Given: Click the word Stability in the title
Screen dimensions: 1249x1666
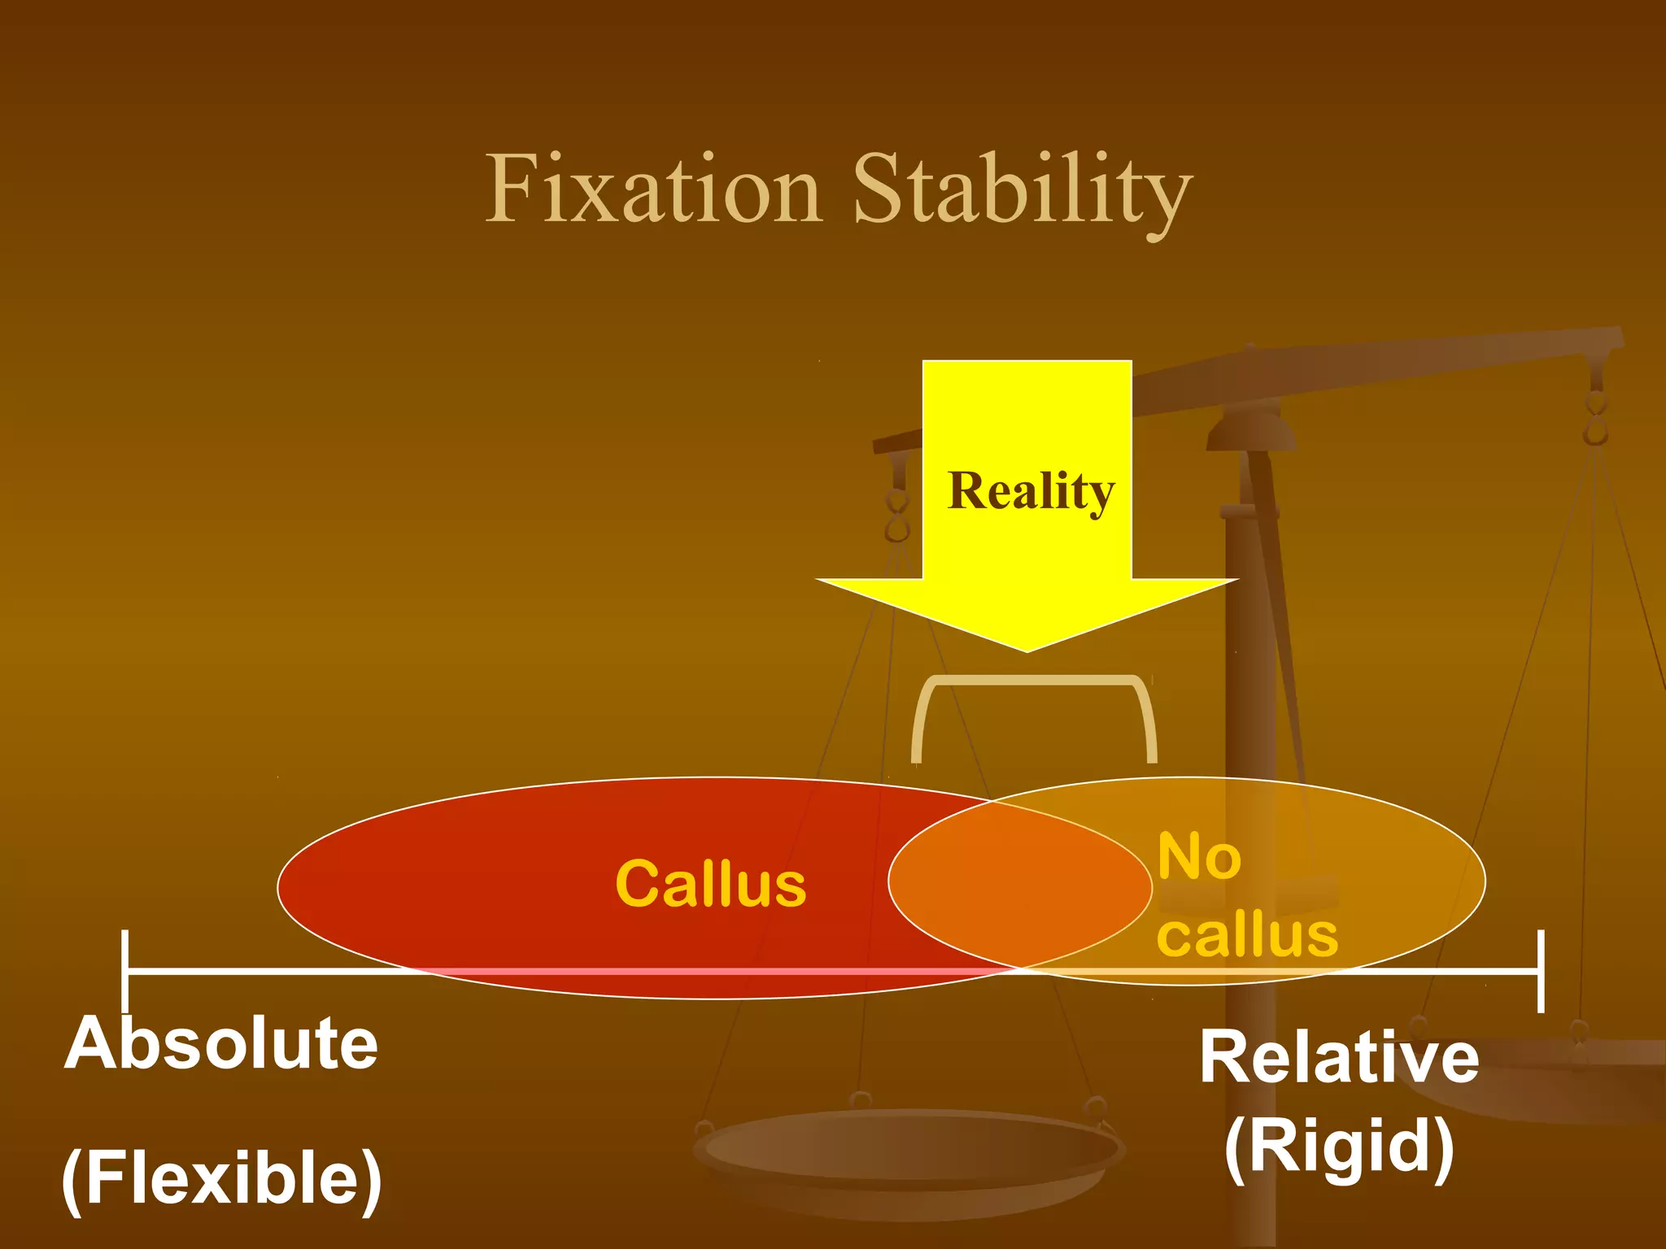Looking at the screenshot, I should [x=1023, y=192].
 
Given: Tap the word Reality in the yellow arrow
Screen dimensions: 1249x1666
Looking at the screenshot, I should [x=1031, y=491].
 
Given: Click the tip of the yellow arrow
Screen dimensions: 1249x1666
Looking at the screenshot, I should [x=1027, y=650].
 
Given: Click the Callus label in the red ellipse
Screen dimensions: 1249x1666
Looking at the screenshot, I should [x=710, y=884].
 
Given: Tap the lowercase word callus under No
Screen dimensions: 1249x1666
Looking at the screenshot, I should [x=1247, y=934].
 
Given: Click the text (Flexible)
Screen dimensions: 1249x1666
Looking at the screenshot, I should [x=221, y=1178].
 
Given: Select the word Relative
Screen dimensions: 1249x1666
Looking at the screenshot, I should [x=1339, y=1057].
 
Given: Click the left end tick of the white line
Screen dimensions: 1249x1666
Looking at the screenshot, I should [x=124, y=971].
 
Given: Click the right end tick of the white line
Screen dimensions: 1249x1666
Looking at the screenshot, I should [x=1541, y=971].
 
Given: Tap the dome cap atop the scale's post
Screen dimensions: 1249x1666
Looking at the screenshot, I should [x=1250, y=431].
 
